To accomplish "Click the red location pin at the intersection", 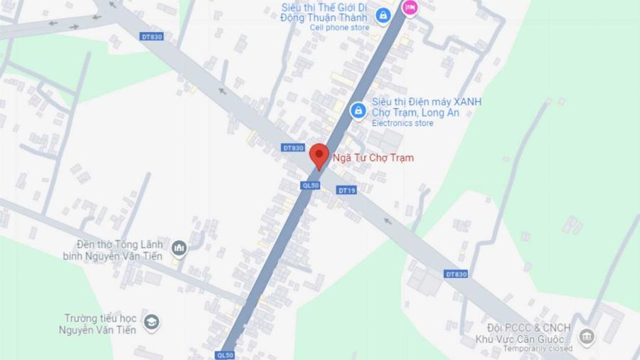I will pos(319,155).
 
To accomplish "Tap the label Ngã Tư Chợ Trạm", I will pos(373,158).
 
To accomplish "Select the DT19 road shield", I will pos(346,190).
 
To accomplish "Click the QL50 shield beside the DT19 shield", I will pos(311,185).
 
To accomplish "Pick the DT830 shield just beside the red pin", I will pos(293,148).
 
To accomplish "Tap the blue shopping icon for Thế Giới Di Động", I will pos(383,15).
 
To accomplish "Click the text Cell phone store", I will pos(339,28).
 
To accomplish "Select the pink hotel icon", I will pos(410,7).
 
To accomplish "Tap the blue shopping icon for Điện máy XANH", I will pos(358,110).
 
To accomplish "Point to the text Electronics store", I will pos(402,123).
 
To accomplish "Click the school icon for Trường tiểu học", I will pos(151,324).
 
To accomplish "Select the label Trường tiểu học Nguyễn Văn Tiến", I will pos(100,324).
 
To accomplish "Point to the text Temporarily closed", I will pos(538,349).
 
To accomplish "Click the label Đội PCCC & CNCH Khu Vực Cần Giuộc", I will pos(526,333).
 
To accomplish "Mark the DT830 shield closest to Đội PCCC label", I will pos(456,274).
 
